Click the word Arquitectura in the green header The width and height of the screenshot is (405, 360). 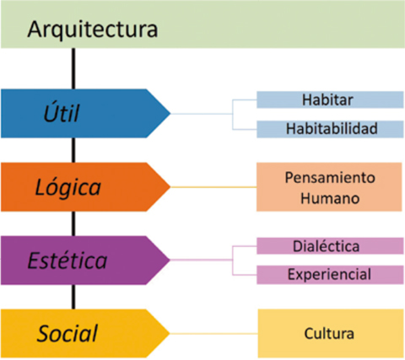pos(93,30)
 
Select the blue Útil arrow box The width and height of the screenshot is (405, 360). pos(84,114)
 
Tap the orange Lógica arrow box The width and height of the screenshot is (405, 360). pos(84,187)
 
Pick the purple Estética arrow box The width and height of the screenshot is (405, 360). pos(84,261)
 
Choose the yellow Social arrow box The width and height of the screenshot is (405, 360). pos(84,334)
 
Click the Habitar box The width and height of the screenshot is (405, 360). pos(330,99)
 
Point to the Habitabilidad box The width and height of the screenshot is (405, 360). pos(330,129)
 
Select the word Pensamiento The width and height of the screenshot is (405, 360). pos(330,178)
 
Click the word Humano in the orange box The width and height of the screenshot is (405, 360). pos(330,198)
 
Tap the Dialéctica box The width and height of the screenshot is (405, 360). pos(330,246)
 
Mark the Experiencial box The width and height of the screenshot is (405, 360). pos(330,275)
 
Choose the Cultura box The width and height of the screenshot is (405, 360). pos(331,334)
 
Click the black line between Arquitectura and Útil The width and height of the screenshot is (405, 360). pos(73,69)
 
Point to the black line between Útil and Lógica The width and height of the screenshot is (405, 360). pos(73,150)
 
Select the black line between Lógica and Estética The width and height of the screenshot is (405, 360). pos(73,223)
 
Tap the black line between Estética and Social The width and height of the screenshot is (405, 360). pos(73,297)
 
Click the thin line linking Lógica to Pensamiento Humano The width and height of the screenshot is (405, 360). pos(213,187)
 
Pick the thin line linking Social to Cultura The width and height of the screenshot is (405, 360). pos(213,334)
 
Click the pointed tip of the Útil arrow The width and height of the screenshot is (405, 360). pos(170,114)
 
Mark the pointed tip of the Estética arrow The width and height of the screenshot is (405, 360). pos(170,261)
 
